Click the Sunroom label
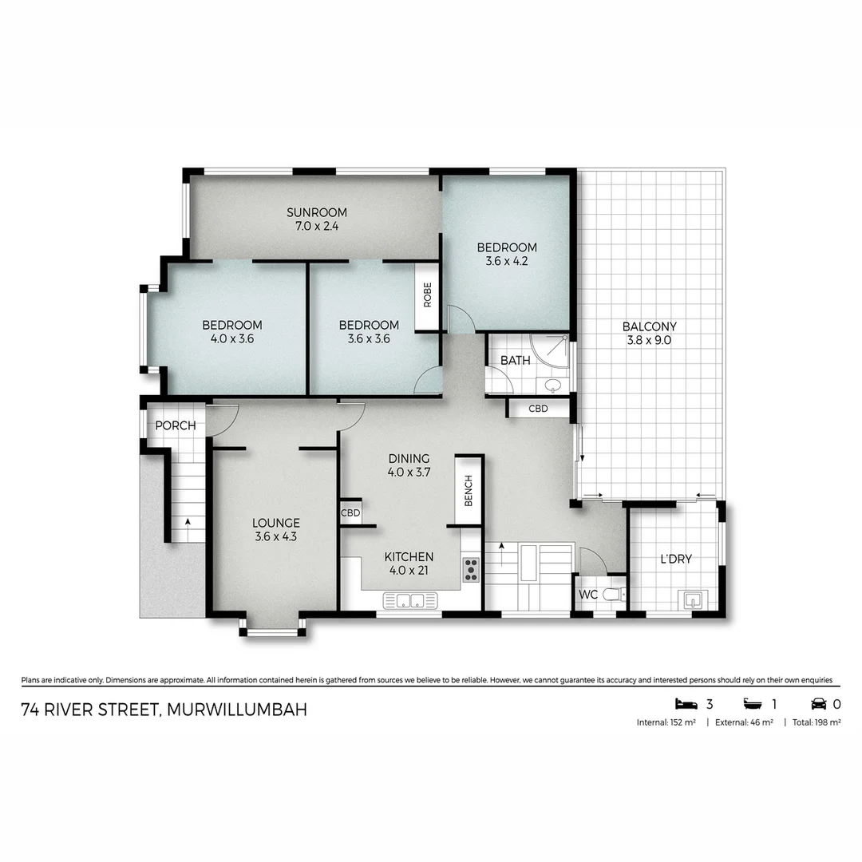point(317,212)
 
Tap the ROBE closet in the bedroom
point(427,296)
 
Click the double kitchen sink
point(410,600)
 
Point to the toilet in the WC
point(614,595)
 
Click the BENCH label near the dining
point(469,490)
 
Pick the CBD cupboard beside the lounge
point(350,512)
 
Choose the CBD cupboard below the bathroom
point(538,409)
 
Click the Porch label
point(175,425)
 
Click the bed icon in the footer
point(686,704)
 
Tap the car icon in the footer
point(819,704)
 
